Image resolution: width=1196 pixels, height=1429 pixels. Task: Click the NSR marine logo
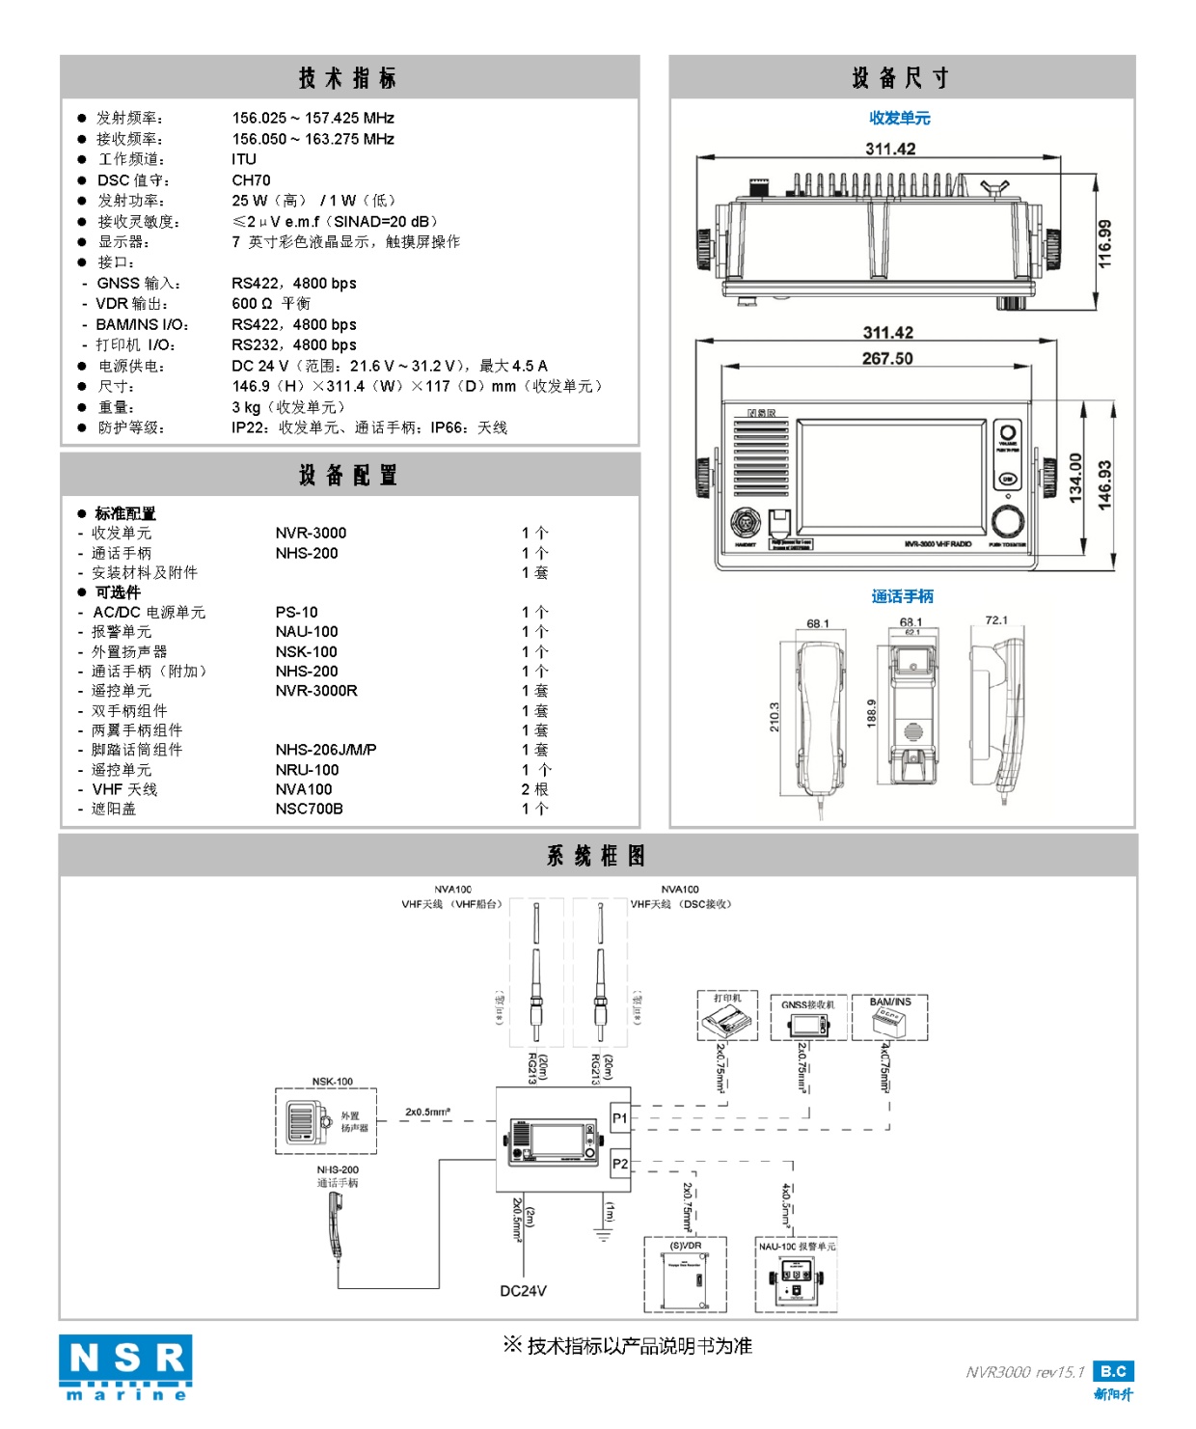tap(125, 1366)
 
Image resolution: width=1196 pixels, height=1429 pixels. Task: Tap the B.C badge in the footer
tap(1113, 1371)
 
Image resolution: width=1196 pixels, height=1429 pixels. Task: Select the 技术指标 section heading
tap(347, 78)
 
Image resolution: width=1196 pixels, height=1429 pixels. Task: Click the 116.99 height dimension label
tap(1105, 243)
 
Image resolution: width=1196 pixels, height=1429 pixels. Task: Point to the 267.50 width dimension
tap(887, 358)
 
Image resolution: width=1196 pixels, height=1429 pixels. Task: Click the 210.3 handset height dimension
tap(774, 716)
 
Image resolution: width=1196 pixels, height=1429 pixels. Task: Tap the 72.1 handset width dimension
tap(995, 620)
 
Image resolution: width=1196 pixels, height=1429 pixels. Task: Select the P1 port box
tap(620, 1118)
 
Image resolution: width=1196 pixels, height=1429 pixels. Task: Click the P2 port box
tap(620, 1164)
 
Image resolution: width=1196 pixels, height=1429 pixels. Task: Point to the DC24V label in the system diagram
tap(523, 1291)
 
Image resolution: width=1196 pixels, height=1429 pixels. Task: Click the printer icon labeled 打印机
tap(728, 1016)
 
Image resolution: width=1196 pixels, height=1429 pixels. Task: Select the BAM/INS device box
tap(889, 1018)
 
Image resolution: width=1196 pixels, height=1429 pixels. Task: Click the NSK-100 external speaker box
tap(326, 1120)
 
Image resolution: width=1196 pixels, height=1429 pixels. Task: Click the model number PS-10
tap(296, 612)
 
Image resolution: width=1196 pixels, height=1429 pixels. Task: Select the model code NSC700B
tap(309, 809)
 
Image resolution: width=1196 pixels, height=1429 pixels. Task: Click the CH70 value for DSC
tap(251, 180)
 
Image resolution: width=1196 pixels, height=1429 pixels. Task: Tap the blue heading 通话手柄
tap(902, 596)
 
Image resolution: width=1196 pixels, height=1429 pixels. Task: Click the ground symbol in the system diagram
tap(605, 1234)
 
